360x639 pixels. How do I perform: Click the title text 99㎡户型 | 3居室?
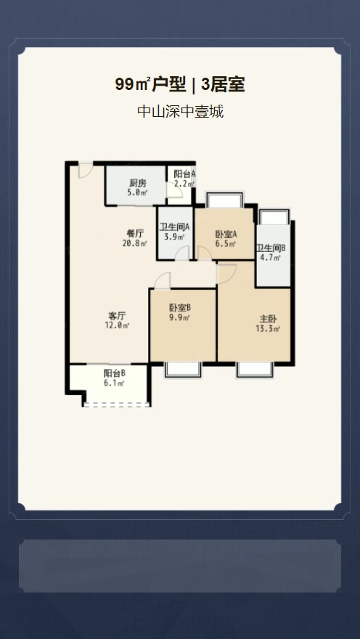coord(180,85)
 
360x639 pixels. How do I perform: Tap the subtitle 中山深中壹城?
coord(180,112)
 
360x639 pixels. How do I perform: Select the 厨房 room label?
coord(138,182)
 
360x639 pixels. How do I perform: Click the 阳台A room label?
coord(184,174)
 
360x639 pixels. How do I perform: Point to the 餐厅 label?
coord(135,233)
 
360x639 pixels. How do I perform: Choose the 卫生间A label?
coord(174,227)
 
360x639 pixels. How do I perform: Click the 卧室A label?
coord(226,235)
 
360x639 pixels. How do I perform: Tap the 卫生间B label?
coord(271,247)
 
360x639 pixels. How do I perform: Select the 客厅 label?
coord(118,316)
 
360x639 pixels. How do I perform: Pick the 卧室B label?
coord(180,308)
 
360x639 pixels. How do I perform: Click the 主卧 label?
coord(269,319)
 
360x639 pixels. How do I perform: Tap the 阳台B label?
coord(115,373)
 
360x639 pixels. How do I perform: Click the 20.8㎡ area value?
coord(135,243)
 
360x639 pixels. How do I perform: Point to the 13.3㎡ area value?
coord(269,329)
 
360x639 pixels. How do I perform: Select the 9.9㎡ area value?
coord(180,318)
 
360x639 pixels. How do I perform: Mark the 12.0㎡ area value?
coord(118,326)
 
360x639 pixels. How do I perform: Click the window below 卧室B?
coord(182,369)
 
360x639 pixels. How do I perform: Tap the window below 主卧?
coord(255,369)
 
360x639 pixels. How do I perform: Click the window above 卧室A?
coord(224,200)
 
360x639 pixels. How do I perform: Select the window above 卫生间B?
coord(274,217)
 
